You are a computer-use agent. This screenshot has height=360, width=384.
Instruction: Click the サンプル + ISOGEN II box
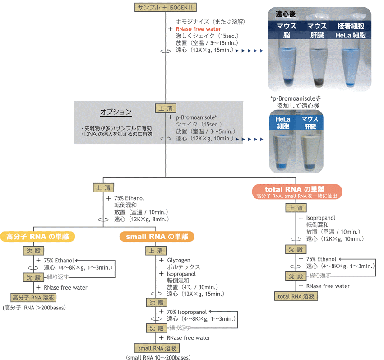tap(165, 7)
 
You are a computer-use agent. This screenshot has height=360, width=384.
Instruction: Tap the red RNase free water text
tap(199, 29)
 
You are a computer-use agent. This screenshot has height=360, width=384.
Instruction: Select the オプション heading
tap(116, 112)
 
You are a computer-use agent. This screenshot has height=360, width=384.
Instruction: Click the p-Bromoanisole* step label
tap(196, 117)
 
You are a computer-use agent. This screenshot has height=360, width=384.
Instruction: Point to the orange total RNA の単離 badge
tap(297, 192)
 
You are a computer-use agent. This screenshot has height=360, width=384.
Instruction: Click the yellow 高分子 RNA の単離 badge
tap(37, 237)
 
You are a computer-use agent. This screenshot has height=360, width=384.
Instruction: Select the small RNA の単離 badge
tap(157, 237)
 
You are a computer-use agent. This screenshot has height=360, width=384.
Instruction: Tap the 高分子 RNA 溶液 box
tap(33, 298)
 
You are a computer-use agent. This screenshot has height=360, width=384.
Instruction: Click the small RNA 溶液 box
tap(157, 348)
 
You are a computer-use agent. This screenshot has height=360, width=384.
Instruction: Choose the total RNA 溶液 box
tap(296, 296)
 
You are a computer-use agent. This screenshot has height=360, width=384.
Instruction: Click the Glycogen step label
tap(179, 260)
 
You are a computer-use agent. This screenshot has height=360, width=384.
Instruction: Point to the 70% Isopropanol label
tap(187, 312)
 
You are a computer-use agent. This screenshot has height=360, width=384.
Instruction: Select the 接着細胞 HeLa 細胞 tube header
tap(351, 30)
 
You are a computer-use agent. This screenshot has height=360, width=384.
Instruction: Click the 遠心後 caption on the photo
tap(285, 14)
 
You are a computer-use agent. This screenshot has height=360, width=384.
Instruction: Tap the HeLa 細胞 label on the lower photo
tap(283, 122)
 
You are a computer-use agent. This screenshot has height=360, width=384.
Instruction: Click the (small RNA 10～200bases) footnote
tap(158, 357)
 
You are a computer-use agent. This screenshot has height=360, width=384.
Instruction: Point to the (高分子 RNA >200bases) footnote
tap(34, 308)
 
